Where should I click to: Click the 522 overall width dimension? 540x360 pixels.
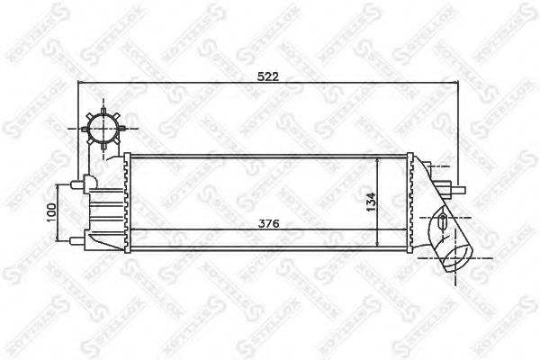click(268, 77)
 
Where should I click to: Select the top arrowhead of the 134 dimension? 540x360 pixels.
click(377, 158)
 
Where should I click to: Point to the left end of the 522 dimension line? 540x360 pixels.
click(80, 85)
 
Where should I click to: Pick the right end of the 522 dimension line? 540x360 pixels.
click(460, 85)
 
